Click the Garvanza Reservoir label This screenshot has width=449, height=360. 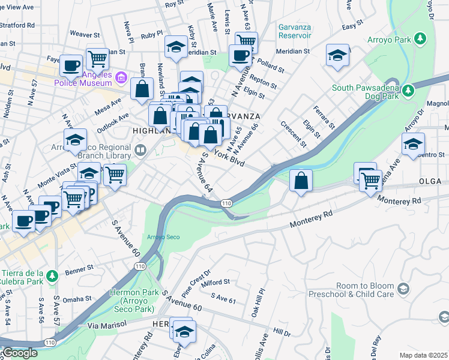point(294,31)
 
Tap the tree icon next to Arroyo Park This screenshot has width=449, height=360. point(420,39)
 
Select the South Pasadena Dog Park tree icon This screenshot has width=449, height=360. point(408,91)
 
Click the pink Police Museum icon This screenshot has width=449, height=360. point(121,77)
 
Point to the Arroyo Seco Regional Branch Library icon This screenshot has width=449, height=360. point(140,149)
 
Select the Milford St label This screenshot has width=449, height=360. point(217,281)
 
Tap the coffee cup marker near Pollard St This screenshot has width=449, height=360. point(240,56)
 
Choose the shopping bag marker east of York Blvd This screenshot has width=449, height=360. point(301,180)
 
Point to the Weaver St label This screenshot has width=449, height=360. point(84,34)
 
